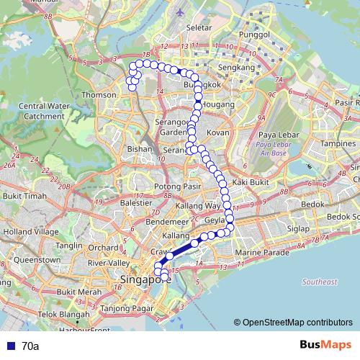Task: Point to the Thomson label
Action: point(99,95)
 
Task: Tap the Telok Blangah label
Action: point(36,315)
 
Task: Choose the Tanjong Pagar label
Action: point(123,309)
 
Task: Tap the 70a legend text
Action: point(30,346)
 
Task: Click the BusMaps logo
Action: point(323,346)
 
